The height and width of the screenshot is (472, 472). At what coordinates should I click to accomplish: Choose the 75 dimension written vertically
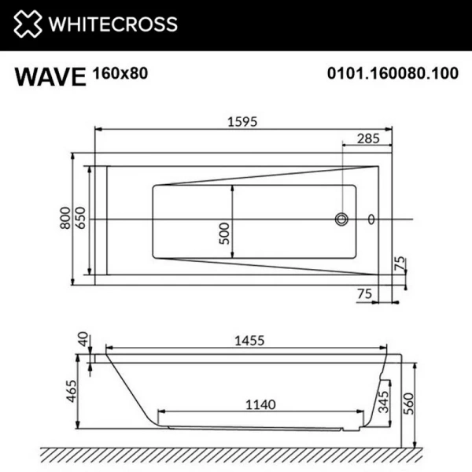[x=400, y=264]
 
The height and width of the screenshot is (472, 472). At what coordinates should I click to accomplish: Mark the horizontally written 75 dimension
[x=363, y=293]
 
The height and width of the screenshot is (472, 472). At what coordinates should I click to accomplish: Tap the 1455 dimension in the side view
[x=249, y=340]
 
